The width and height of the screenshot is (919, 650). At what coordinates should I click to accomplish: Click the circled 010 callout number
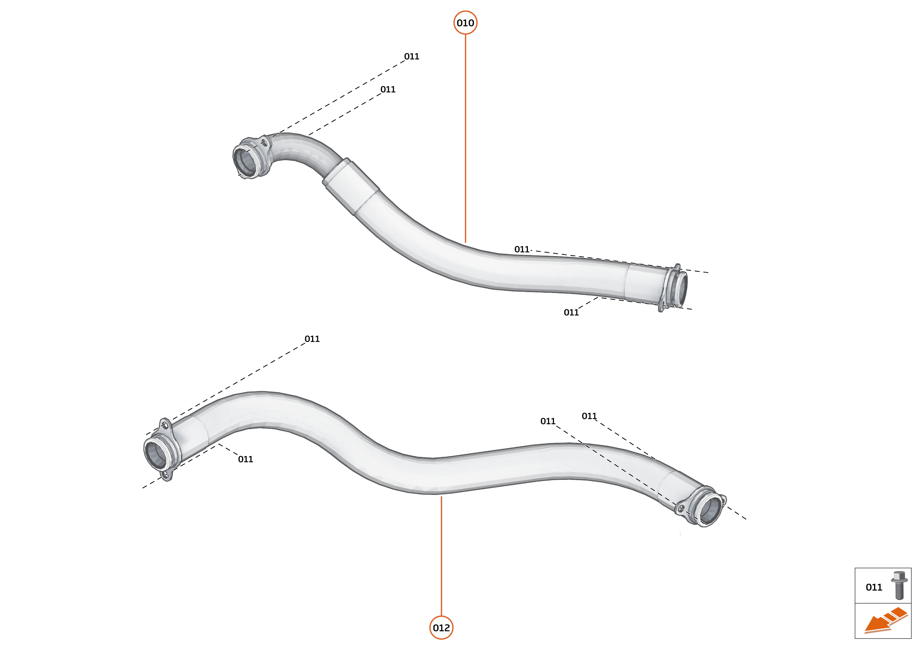tap(465, 23)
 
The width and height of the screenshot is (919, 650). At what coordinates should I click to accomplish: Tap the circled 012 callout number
tap(441, 628)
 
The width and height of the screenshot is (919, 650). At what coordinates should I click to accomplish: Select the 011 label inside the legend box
tap(874, 587)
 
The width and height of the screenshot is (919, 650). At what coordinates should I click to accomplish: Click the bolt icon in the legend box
tap(899, 585)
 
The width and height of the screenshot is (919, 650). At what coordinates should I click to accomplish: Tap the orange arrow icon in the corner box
tap(885, 621)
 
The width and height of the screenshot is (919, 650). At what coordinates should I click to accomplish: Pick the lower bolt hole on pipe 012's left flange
tap(165, 475)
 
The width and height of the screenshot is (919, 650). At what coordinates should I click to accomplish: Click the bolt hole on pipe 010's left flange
tap(264, 142)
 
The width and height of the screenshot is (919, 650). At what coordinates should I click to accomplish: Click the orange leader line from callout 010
tap(465, 136)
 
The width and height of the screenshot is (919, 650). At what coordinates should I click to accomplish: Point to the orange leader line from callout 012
tap(441, 556)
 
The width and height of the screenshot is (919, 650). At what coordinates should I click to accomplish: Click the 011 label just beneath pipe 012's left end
tap(246, 459)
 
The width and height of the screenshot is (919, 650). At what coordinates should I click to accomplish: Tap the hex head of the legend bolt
tap(899, 577)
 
